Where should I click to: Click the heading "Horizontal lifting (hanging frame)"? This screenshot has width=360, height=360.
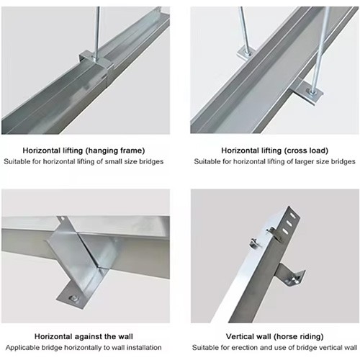tap(84, 150)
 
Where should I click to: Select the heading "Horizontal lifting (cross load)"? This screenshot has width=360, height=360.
tap(274, 150)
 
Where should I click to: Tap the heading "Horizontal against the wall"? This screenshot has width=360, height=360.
tap(84, 336)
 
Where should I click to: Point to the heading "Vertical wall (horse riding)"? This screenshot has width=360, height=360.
tap(274, 336)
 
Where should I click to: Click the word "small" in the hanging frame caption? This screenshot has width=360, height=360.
tap(114, 161)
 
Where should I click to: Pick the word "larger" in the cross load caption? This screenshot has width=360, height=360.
tap(302, 161)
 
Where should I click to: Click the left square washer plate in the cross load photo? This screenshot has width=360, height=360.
tap(246, 53)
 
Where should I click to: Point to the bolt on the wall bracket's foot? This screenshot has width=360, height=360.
tap(73, 298)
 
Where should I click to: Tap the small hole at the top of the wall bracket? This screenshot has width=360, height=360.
tap(62, 218)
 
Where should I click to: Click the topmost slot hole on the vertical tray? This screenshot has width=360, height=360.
tap(293, 215)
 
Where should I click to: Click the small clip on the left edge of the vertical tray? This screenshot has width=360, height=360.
tap(255, 243)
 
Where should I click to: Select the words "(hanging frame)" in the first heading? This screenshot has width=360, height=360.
tap(115, 151)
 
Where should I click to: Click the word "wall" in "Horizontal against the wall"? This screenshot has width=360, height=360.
tap(124, 336)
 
